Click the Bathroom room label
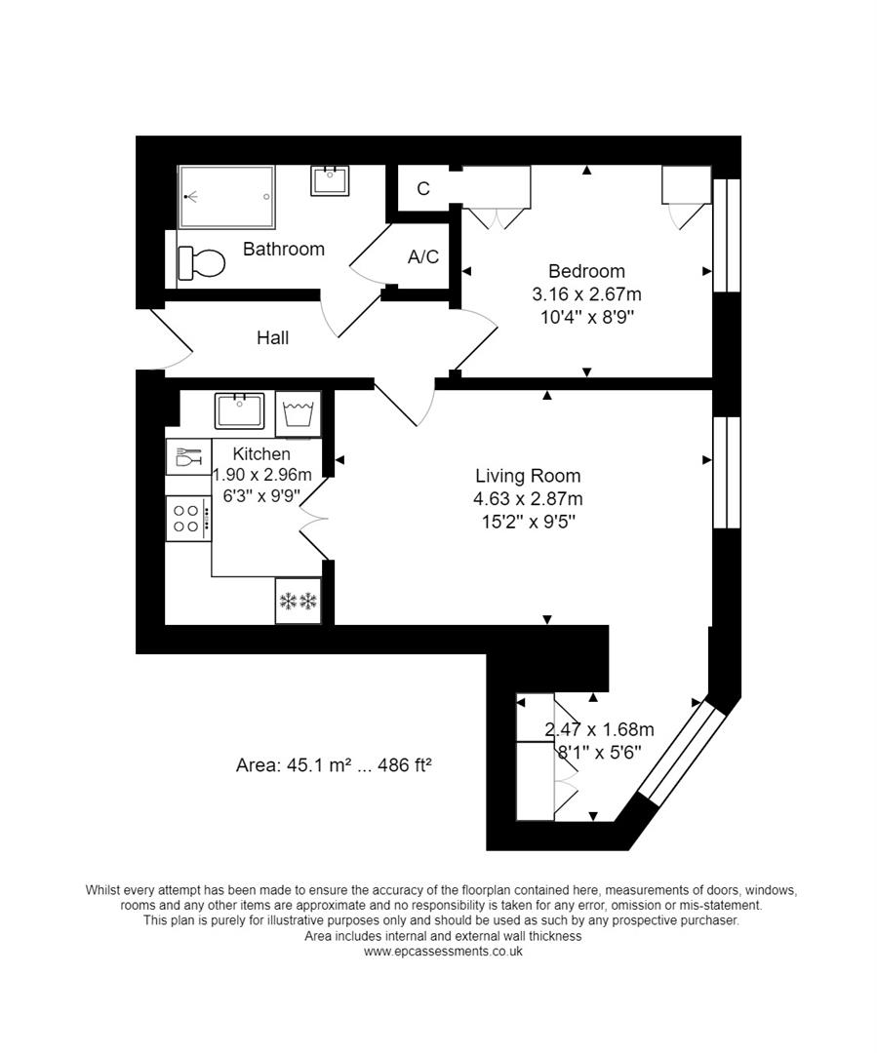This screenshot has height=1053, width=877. (283, 250)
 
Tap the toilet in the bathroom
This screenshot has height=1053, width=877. (202, 261)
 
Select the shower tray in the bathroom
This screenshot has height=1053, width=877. (226, 196)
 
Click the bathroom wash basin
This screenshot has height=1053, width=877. (331, 180)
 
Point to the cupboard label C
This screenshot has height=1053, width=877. (423, 189)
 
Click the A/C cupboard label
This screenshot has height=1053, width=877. (423, 257)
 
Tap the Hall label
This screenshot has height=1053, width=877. (273, 338)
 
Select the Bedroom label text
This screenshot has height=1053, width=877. (586, 272)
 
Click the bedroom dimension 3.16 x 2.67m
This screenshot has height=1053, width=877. (586, 294)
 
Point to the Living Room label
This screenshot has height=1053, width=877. (528, 477)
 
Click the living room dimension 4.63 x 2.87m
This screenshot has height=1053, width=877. (528, 499)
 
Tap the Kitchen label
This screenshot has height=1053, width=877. (261, 454)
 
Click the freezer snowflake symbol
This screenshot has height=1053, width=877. (299, 602)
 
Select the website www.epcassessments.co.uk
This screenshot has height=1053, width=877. (443, 951)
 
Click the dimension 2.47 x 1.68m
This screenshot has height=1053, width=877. (599, 729)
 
